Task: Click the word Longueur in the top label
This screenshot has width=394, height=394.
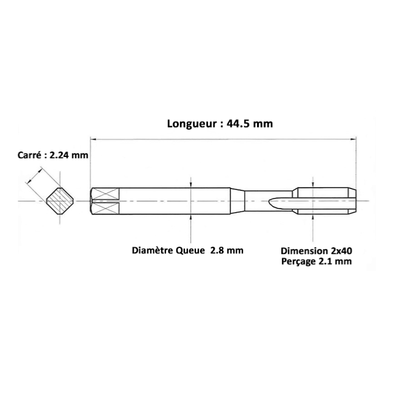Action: click(192, 124)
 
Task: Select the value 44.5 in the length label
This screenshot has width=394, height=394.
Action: click(238, 124)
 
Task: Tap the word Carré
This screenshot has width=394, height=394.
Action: click(29, 155)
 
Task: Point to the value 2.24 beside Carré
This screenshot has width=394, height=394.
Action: click(59, 155)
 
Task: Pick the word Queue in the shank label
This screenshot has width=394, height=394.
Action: click(190, 251)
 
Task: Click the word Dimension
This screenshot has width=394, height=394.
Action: click(303, 251)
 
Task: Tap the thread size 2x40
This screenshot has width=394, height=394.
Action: click(340, 251)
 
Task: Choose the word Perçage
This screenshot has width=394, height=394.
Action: click(298, 262)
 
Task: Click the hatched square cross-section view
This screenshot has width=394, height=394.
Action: click(60, 201)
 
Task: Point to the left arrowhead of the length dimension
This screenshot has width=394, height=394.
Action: click(93, 139)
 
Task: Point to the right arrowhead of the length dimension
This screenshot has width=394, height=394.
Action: click(353, 139)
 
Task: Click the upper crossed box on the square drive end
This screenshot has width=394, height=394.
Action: click(105, 194)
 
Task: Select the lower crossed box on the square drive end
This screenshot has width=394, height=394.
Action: click(105, 209)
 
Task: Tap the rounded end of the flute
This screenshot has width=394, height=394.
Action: click(271, 203)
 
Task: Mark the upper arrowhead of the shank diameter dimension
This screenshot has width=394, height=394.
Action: click(191, 185)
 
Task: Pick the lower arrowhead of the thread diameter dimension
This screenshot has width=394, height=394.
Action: click(313, 218)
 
